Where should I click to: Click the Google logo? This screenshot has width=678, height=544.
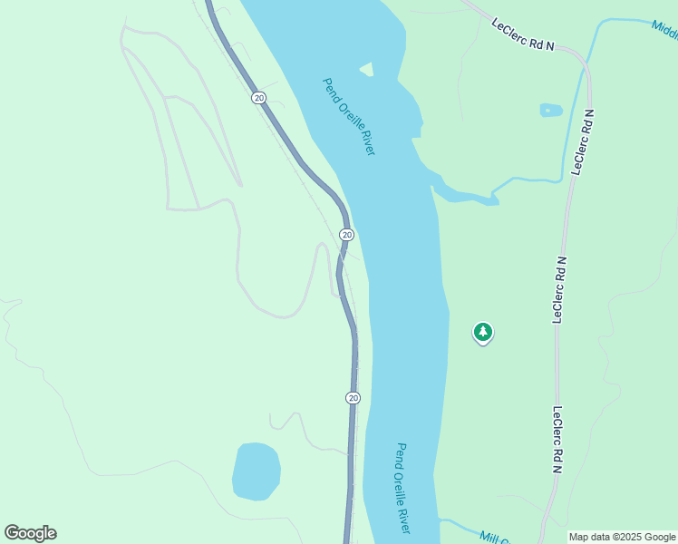31,533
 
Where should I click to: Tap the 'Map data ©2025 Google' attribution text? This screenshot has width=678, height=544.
621,537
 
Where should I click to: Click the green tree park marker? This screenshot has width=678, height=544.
483,332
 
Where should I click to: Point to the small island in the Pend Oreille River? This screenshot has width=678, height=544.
366,69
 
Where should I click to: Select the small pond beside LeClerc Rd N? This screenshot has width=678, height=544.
550,111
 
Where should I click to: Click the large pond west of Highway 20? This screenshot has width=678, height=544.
256,471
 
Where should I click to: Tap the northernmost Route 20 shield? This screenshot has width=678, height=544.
259,97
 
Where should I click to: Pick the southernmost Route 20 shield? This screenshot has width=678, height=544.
353,398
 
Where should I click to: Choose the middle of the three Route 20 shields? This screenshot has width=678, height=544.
346,235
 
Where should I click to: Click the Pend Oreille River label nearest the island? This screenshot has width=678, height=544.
349,116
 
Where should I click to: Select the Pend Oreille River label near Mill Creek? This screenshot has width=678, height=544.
403,488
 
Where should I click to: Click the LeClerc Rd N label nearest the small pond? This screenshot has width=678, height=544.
583,141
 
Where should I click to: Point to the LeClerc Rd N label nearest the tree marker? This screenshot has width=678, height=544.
558,289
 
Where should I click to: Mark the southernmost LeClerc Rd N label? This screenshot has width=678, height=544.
557,439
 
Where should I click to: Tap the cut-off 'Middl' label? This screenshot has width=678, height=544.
664,28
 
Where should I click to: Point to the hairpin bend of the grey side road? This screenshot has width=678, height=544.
321,246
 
